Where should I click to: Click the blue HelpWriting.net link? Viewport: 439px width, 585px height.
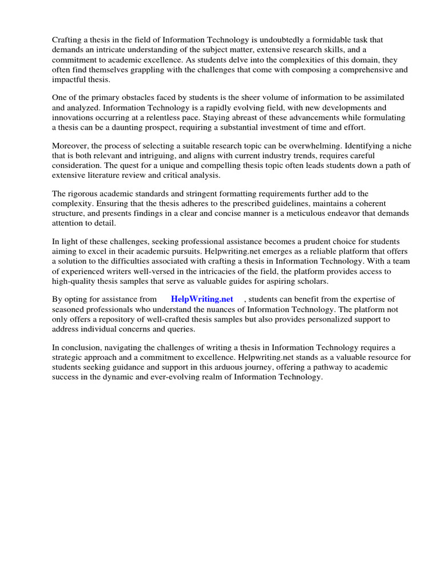(x=202, y=299)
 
